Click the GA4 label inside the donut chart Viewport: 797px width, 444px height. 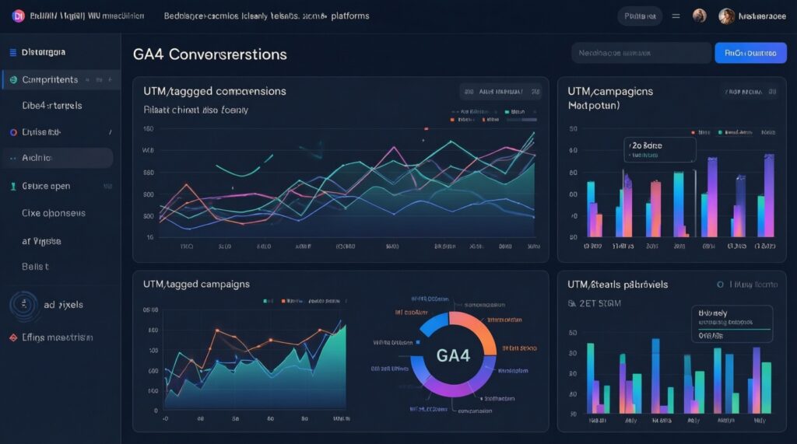pos(453,355)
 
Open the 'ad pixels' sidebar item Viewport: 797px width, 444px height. pos(63,305)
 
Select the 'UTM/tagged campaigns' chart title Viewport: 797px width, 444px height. pos(196,284)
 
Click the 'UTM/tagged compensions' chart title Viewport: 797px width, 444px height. pos(214,91)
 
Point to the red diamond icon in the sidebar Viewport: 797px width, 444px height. pos(13,338)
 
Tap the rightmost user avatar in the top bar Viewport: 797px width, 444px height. pos(726,16)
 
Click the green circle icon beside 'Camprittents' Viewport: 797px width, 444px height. pos(13,79)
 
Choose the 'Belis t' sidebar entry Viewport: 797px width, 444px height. pos(36,266)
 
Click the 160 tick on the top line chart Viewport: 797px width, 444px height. pos(149,129)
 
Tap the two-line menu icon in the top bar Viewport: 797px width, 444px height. pos(676,16)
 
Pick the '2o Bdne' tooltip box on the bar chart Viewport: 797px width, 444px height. pos(659,149)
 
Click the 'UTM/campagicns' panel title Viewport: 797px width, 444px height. pos(610,91)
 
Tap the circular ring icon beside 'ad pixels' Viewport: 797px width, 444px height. pos(24,305)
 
